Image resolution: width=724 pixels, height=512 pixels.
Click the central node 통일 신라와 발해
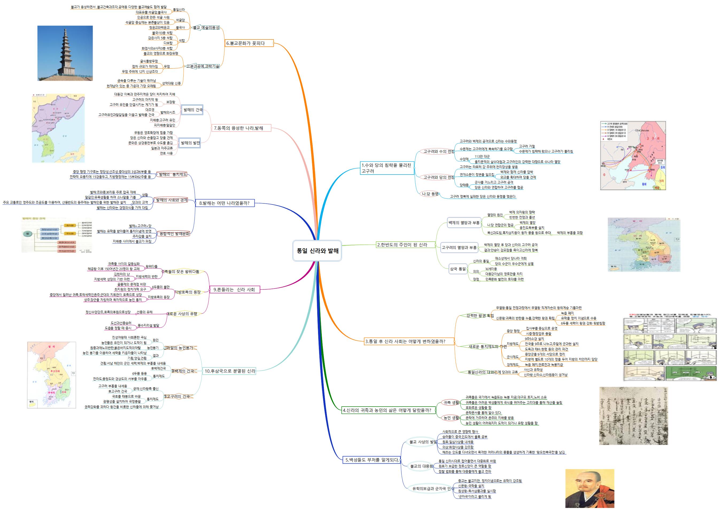pyautogui.click(x=317, y=251)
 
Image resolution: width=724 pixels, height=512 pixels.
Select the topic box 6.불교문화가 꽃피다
pyautogui.click(x=249, y=43)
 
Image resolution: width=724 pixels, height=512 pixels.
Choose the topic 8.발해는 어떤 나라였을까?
pyautogui.click(x=225, y=203)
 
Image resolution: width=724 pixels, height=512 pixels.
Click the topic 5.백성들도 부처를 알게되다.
pyautogui.click(x=371, y=460)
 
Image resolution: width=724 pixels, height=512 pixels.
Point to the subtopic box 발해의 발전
pyautogui.click(x=190, y=143)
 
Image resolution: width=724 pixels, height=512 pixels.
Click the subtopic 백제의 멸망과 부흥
pyautogui.click(x=464, y=223)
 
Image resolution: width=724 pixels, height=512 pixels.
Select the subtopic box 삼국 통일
pyautogui.click(x=458, y=269)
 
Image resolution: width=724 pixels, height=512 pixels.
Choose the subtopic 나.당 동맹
pyautogui.click(x=431, y=194)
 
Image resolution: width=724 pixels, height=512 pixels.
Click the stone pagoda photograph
pyautogui.click(x=65, y=53)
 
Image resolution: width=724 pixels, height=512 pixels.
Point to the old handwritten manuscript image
pyautogui.click(x=633, y=416)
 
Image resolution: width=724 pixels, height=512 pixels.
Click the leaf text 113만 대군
pyautogui.click(x=482, y=156)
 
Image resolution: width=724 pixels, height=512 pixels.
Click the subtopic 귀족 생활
pyautogui.click(x=451, y=403)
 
